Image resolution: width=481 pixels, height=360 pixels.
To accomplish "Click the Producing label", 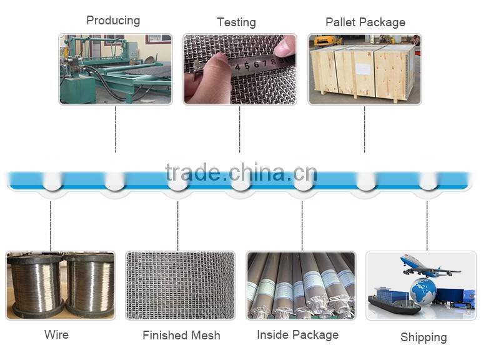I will [x=113, y=21].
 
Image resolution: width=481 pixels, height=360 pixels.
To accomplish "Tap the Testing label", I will [x=236, y=22].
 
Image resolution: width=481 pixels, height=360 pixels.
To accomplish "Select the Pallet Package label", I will [x=365, y=22].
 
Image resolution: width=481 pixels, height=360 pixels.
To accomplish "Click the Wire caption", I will [x=56, y=334].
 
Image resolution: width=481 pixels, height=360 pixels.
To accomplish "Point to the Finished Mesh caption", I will [x=181, y=336].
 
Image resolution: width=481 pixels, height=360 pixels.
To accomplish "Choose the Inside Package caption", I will [x=297, y=335].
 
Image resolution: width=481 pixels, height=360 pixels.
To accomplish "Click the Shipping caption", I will [x=424, y=337].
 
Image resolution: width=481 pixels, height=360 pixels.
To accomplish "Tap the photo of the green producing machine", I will [x=115, y=69].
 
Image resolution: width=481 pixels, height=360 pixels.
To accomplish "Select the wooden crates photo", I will [x=364, y=69].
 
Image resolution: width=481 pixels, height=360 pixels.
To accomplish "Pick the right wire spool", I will [x=89, y=285].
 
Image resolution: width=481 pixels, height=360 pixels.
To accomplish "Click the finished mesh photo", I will [x=180, y=286].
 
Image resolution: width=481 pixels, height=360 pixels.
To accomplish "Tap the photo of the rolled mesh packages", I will [x=300, y=286].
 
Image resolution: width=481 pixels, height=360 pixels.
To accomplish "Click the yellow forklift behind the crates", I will [x=327, y=41].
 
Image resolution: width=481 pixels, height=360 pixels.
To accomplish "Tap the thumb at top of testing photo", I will [x=285, y=45].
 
